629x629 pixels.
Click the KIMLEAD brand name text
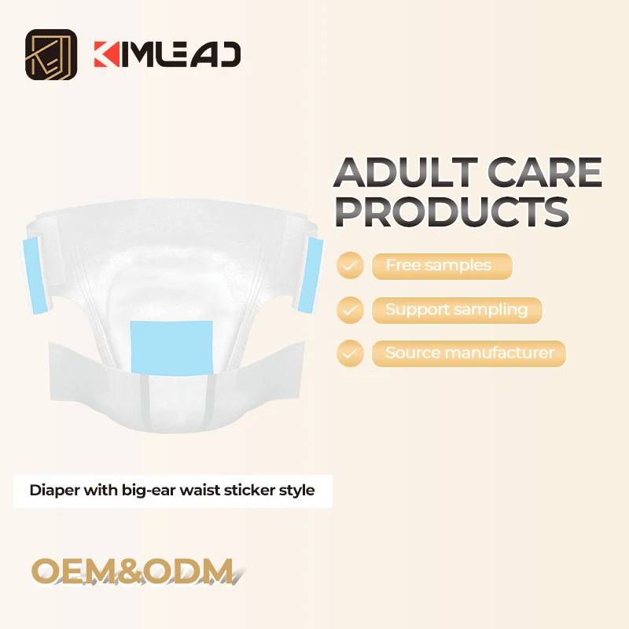click(x=167, y=54)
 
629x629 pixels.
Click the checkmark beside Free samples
click(x=350, y=266)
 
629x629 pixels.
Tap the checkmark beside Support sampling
click(x=350, y=310)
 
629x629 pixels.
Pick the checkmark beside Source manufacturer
click(x=350, y=354)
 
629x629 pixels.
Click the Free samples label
click(x=438, y=266)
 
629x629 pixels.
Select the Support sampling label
click(x=456, y=310)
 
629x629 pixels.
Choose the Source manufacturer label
click(x=469, y=354)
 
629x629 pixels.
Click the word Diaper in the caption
click(x=51, y=491)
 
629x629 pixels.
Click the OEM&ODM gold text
click(x=133, y=571)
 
